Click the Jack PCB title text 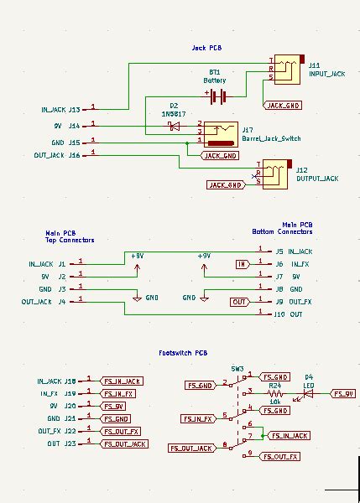point(206,48)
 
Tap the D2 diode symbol point(174,126)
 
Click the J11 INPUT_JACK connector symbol point(286,70)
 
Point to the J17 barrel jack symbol point(222,132)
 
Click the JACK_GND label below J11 point(283,106)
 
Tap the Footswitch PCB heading point(183,353)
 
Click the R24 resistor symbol point(274,392)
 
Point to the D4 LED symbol point(308,392)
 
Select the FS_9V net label point(343,392)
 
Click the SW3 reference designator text point(237,368)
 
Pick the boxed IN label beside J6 point(242,264)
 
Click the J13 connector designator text point(75,110)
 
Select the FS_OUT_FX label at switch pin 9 point(279,457)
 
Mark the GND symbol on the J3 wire point(138,298)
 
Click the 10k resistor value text point(274,401)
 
